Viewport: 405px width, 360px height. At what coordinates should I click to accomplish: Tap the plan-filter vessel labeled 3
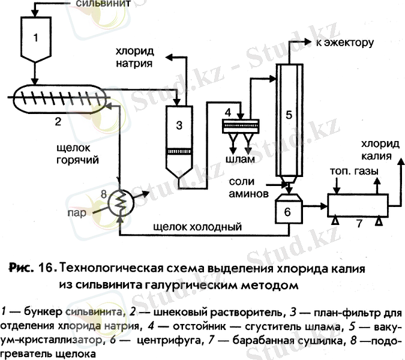coord(178,138)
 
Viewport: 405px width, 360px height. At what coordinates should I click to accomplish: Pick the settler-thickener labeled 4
coord(240,125)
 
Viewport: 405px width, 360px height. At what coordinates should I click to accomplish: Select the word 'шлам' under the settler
coord(239,160)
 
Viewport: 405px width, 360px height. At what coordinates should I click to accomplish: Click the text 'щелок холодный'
coord(197,227)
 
